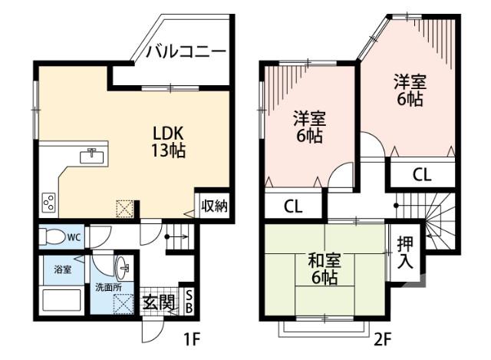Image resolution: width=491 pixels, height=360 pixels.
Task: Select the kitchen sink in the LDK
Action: pyautogui.click(x=93, y=155)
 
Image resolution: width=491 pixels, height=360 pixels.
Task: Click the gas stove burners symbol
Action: pyautogui.click(x=48, y=203)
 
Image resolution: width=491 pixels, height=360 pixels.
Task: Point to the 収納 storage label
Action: pyautogui.click(x=214, y=205)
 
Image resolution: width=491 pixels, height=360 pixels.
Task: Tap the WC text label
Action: pyautogui.click(x=74, y=237)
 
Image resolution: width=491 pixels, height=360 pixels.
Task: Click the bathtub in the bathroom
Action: pyautogui.click(x=62, y=299)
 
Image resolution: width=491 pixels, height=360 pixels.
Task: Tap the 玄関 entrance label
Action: pyautogui.click(x=159, y=301)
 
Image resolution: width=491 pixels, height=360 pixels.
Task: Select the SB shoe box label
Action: pyautogui.click(x=190, y=303)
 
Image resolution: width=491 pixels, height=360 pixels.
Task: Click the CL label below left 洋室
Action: pyautogui.click(x=292, y=206)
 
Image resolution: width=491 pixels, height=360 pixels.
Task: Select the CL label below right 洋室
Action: pyautogui.click(x=422, y=175)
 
